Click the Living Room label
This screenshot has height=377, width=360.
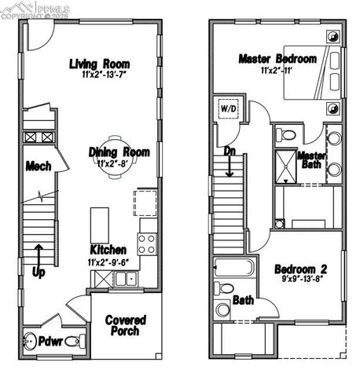click(99, 64)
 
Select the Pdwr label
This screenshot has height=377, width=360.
click(52, 342)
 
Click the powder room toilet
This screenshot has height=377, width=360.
click(75, 342)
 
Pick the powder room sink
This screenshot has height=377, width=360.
click(29, 342)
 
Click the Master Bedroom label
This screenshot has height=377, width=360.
click(277, 59)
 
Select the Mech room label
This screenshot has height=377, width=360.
click(38, 166)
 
